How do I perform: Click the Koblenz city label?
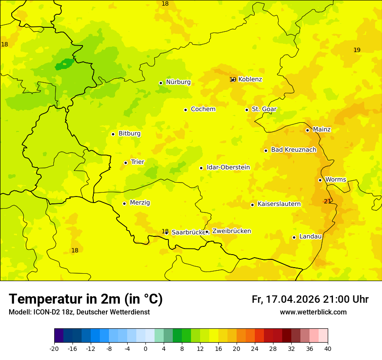click(250, 79)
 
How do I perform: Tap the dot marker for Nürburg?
click(161, 83)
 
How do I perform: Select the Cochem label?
click(203, 109)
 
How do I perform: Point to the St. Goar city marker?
click(247, 110)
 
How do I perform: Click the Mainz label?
click(322, 130)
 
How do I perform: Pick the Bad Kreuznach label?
click(293, 150)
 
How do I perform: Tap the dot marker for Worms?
click(320, 180)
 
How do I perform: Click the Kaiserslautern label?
click(279, 204)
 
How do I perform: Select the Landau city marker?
click(294, 237)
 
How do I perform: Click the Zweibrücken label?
click(231, 231)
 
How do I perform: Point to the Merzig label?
click(140, 203)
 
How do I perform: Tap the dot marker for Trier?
click(125, 163)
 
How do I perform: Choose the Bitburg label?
click(129, 134)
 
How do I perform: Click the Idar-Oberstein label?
click(228, 167)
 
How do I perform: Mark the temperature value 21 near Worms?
click(327, 201)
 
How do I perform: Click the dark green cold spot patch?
click(64, 65)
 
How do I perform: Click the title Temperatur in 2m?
click(86, 299)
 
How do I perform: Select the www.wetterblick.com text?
click(313, 312)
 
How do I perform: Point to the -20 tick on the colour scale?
click(54, 348)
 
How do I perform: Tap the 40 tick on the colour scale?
click(328, 348)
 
